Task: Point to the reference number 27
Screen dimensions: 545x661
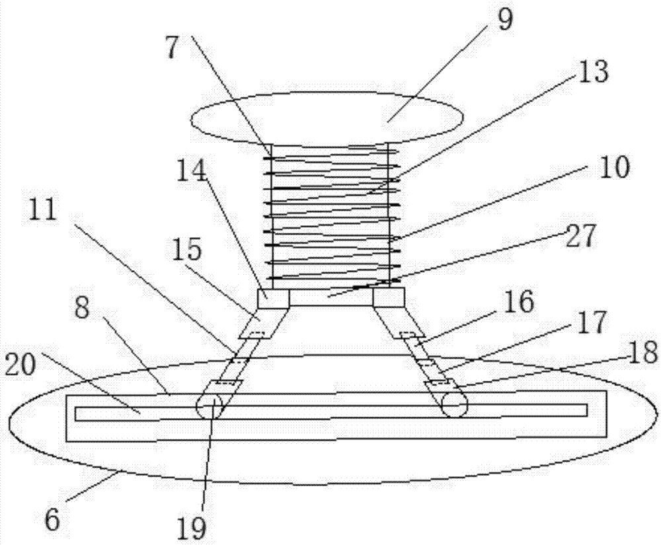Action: point(581,235)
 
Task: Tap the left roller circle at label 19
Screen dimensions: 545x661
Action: point(210,406)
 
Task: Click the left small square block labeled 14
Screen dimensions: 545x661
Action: point(272,299)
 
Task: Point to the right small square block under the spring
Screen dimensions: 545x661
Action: point(389,298)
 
